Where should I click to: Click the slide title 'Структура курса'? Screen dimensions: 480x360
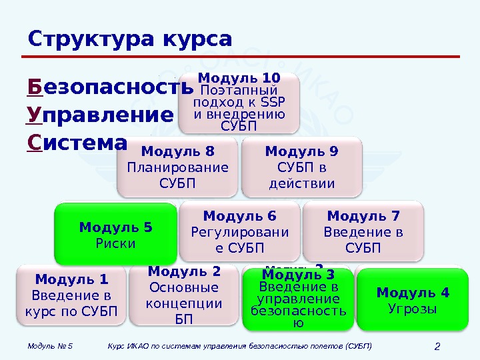[130, 39]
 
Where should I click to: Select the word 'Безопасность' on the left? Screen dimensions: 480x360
[110, 87]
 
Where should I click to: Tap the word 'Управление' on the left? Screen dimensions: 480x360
[100, 115]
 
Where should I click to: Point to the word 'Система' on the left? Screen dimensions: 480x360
[77, 143]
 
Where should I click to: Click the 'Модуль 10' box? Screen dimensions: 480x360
[239, 103]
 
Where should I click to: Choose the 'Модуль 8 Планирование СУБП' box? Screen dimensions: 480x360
[177, 167]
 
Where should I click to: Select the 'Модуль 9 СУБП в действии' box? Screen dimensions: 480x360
[301, 167]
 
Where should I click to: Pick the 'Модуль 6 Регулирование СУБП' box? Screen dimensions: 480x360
[239, 231]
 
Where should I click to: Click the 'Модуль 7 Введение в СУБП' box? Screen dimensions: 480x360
[363, 231]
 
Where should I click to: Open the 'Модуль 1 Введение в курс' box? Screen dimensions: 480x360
[71, 295]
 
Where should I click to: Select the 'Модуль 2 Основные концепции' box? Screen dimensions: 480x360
[183, 295]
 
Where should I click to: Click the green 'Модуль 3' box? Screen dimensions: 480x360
[298, 299]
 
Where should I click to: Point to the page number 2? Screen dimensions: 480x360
[438, 346]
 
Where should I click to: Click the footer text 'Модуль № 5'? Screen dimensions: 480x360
[51, 346]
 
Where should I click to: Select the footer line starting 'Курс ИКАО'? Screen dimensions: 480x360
[239, 346]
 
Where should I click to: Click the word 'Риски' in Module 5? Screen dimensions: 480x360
[115, 243]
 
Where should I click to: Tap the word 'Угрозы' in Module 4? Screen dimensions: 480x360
[413, 309]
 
